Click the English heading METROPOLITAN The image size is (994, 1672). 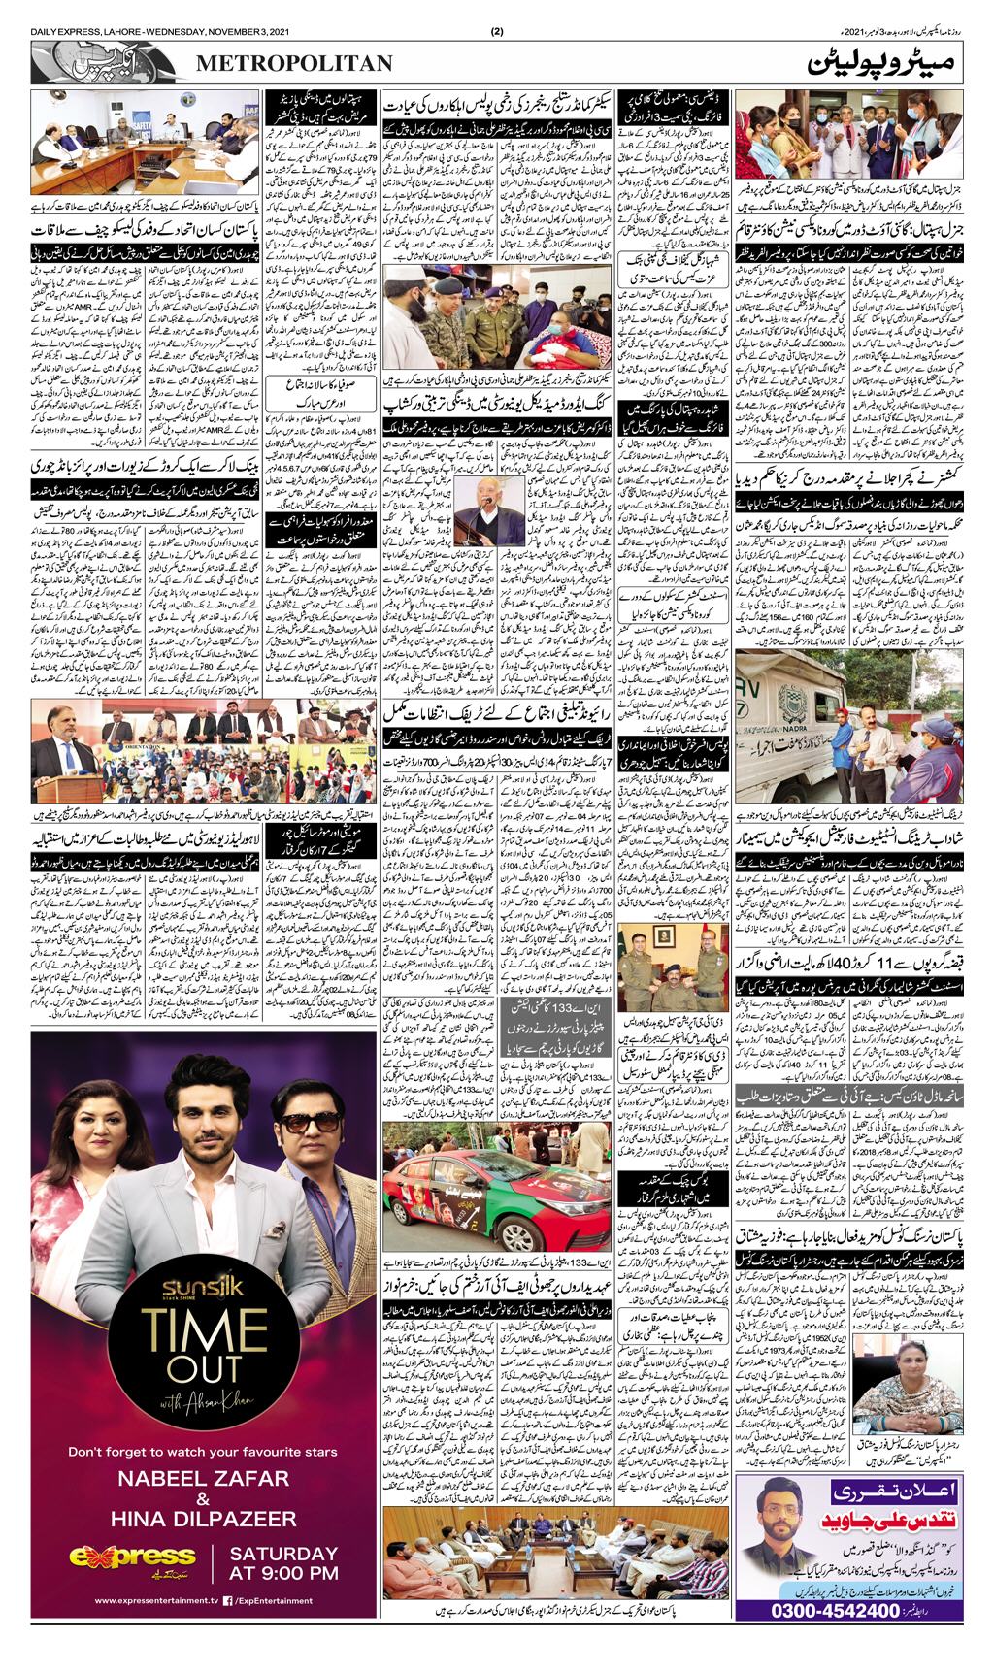click(x=295, y=63)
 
